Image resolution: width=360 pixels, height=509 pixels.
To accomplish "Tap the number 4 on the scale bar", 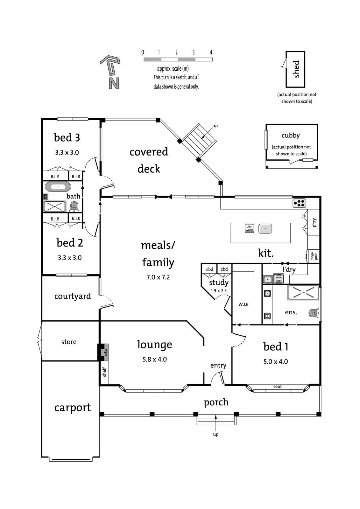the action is pos(211,52).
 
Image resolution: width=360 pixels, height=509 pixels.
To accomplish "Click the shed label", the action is pos(296,69).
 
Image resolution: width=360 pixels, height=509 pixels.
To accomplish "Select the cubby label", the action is pos(290,136).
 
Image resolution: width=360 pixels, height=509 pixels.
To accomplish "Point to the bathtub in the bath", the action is pos(58,187).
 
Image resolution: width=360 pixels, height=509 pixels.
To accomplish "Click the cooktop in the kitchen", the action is pos(299,203).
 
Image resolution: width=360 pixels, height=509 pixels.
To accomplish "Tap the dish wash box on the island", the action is pos(249,228).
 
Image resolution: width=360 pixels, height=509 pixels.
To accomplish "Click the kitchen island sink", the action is pos(265,228).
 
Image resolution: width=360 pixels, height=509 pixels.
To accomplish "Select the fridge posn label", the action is pos(314,256).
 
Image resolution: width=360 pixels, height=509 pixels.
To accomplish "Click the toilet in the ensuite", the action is pos(314,313).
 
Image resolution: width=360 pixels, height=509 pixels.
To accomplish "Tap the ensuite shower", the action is pos(303,292).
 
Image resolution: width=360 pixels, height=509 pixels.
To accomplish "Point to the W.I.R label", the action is pos(243,304).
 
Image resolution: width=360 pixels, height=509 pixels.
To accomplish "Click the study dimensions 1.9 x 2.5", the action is pos(219,291).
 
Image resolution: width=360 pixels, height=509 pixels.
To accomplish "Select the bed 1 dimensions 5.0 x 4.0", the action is pos(276,361).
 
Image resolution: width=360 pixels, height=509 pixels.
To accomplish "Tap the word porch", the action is pos(216,402).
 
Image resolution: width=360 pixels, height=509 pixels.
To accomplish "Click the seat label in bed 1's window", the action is pos(278,387).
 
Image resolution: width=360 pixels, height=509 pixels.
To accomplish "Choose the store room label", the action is pos(69,342).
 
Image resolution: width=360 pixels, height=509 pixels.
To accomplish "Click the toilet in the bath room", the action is pos(74,207).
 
